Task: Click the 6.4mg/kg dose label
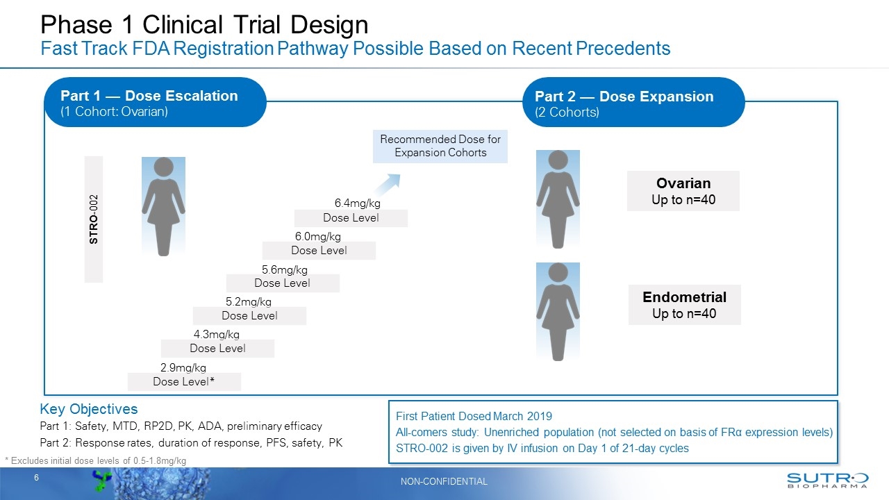click(357, 203)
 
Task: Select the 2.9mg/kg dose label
click(183, 367)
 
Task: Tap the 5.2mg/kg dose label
click(248, 301)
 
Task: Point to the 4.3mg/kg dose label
click(216, 334)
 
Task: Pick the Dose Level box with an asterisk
click(184, 382)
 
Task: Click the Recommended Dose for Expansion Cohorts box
click(440, 147)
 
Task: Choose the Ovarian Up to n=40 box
click(683, 191)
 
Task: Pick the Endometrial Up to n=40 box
click(684, 305)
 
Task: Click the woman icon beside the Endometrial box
click(557, 311)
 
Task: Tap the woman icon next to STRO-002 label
click(163, 206)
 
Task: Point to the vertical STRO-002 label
click(94, 219)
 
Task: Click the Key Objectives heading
click(89, 409)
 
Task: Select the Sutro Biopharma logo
click(827, 481)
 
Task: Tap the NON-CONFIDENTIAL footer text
click(444, 481)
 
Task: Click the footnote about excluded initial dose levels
click(96, 461)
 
